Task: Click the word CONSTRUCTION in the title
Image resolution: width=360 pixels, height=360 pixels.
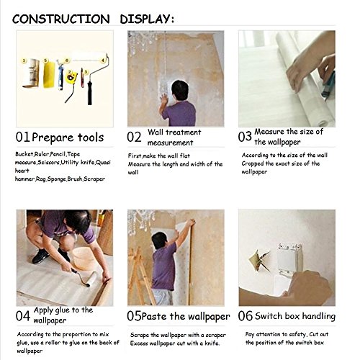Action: (x=61, y=19)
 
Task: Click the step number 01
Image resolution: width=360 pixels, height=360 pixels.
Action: (x=23, y=138)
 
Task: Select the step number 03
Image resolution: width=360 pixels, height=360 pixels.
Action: (x=245, y=137)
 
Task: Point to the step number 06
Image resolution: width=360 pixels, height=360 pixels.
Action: (x=246, y=316)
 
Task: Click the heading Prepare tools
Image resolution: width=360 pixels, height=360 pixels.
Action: (x=68, y=138)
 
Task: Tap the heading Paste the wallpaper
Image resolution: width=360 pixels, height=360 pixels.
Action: (x=186, y=316)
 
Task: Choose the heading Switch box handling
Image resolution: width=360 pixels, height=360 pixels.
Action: (x=295, y=316)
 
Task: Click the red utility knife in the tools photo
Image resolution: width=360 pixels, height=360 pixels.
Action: (x=82, y=78)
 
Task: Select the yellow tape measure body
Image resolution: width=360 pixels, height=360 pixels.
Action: (x=71, y=78)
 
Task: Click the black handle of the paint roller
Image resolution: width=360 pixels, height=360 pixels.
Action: (x=90, y=93)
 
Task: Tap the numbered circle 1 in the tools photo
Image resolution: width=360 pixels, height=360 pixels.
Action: (x=24, y=60)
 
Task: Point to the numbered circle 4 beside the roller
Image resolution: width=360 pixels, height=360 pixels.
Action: (x=103, y=60)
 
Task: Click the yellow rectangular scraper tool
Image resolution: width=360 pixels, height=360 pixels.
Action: (x=49, y=75)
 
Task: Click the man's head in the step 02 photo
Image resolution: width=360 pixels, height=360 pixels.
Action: (x=180, y=90)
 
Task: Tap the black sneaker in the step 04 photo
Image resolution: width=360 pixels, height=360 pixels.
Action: (x=40, y=256)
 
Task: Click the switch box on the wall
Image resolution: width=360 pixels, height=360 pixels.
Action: (x=289, y=259)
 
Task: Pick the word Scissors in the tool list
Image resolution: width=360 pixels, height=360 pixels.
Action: (x=48, y=163)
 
